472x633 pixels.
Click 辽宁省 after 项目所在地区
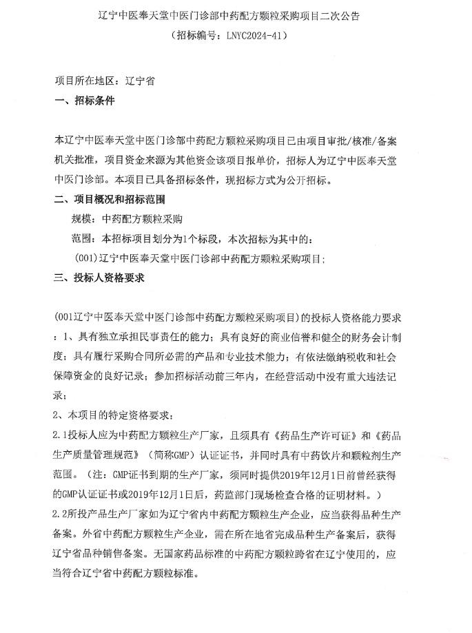click(x=140, y=80)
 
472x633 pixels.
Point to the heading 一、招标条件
click(x=84, y=101)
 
